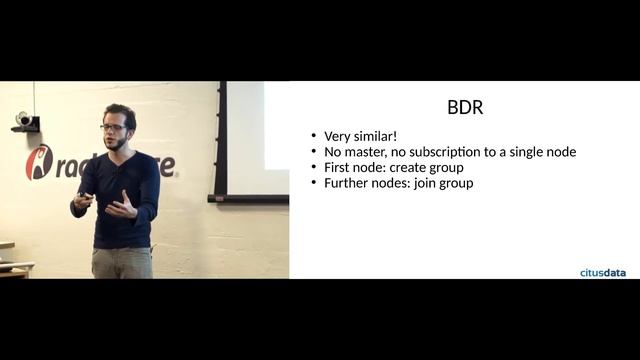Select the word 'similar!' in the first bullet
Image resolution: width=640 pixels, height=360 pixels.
tap(377, 136)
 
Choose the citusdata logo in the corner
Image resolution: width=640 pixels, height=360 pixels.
tap(603, 271)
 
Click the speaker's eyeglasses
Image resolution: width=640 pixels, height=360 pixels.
tap(114, 127)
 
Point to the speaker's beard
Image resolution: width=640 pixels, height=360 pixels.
tap(118, 143)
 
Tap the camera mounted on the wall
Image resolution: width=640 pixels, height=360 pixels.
tap(23, 120)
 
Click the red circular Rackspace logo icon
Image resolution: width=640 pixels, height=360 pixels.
tap(38, 162)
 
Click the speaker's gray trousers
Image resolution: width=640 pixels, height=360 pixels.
tap(121, 262)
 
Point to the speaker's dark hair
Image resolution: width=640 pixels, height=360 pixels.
tap(118, 112)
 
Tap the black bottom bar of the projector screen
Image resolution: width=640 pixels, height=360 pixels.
tap(247, 198)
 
